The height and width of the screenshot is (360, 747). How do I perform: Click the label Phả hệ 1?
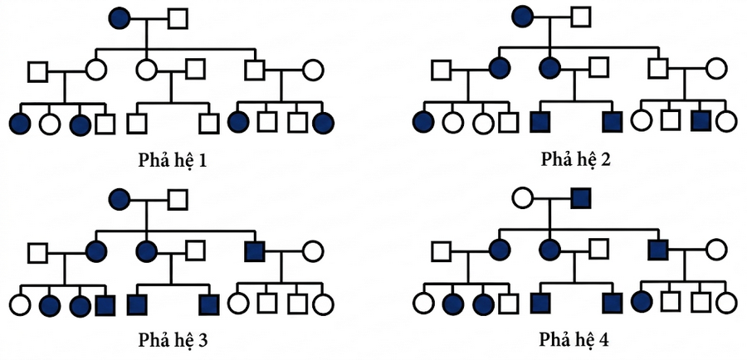172,159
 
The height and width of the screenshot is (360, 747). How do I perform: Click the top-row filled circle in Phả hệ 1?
121,17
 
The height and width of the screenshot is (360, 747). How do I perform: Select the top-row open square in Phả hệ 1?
178,17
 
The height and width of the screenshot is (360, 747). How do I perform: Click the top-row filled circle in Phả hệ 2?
524,17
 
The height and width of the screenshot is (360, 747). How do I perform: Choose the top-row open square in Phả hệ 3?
178,197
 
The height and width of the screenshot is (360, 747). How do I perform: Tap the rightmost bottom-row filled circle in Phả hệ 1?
325,123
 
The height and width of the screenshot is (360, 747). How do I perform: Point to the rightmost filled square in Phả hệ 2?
701,121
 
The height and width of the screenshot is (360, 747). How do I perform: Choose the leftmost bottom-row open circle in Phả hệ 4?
423,303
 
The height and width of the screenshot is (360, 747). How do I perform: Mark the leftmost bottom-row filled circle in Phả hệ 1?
20,123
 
